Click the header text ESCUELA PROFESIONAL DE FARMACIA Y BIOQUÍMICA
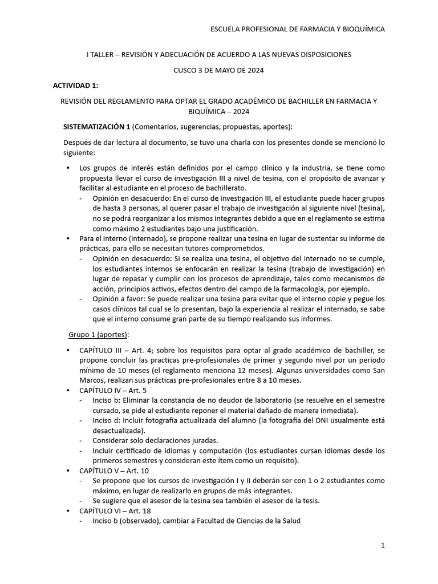(x=298, y=29)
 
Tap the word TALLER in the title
(x=102, y=54)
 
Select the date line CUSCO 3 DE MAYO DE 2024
(x=219, y=70)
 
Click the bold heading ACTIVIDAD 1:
(x=75, y=86)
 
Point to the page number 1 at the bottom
(x=383, y=546)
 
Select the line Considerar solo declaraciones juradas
(x=156, y=441)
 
